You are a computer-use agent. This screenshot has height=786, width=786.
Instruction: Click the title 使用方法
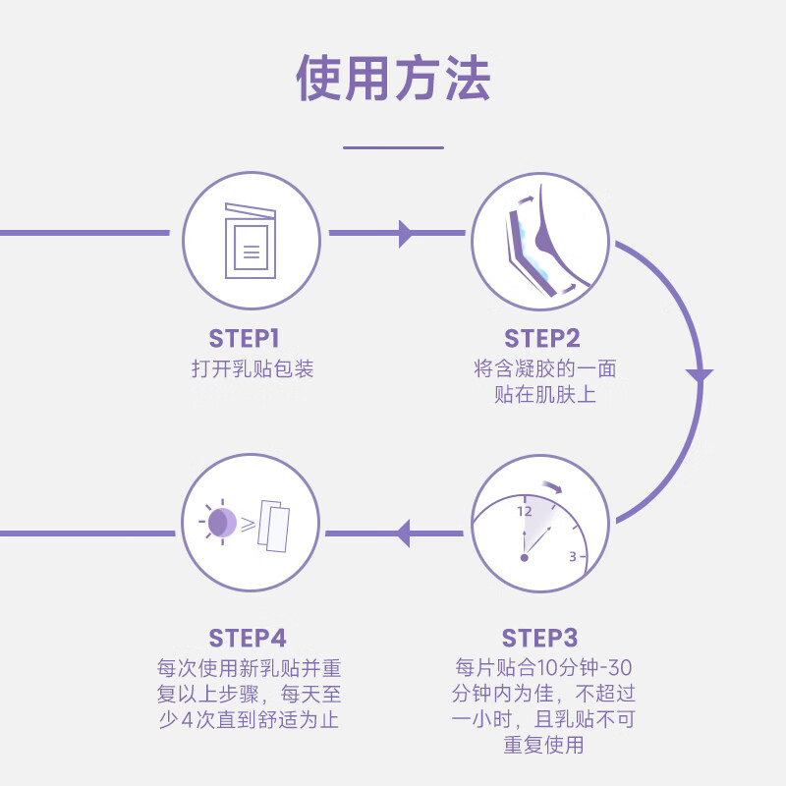click(x=393, y=79)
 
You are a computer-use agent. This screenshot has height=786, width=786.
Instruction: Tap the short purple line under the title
click(x=393, y=147)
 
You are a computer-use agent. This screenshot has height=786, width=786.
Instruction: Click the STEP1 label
click(x=245, y=339)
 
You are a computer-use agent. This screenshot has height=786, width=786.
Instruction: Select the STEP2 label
click(x=542, y=339)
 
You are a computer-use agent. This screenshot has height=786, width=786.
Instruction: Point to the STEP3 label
click(x=540, y=638)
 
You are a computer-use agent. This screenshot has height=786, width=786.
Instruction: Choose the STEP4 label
click(x=248, y=638)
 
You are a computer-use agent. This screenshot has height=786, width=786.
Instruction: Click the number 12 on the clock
click(x=524, y=511)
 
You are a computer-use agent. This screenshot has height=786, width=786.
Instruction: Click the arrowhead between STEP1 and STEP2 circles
click(x=405, y=234)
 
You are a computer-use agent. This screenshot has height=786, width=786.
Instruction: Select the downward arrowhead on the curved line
click(x=700, y=376)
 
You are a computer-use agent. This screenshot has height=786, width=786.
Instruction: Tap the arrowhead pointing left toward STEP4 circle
click(x=401, y=533)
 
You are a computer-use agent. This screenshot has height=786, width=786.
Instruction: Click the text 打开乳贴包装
click(x=253, y=369)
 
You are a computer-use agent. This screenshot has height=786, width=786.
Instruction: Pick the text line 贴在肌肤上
click(x=545, y=395)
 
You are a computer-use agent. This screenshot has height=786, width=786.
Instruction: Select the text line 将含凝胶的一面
click(x=545, y=369)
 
